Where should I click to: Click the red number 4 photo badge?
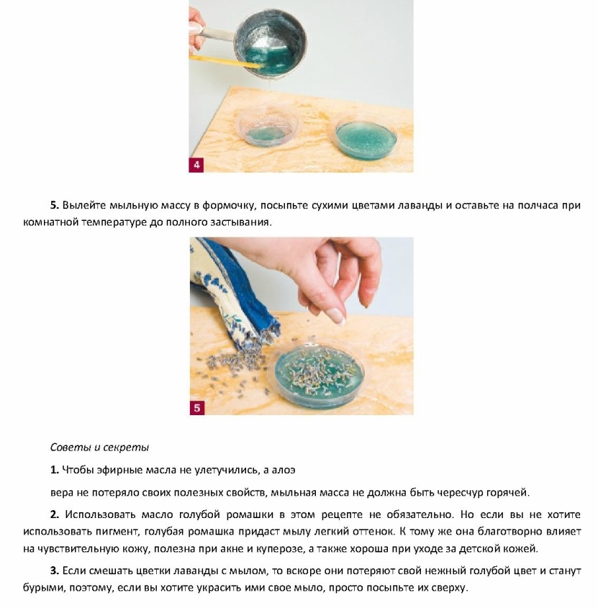196,165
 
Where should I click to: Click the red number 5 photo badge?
197,407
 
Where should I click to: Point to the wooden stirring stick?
225,62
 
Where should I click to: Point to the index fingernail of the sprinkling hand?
335,315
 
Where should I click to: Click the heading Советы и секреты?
99,448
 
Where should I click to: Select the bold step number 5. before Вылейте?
55,205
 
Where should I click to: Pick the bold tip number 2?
55,514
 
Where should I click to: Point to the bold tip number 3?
55,571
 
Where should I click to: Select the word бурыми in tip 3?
44,588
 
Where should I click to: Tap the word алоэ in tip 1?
284,470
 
